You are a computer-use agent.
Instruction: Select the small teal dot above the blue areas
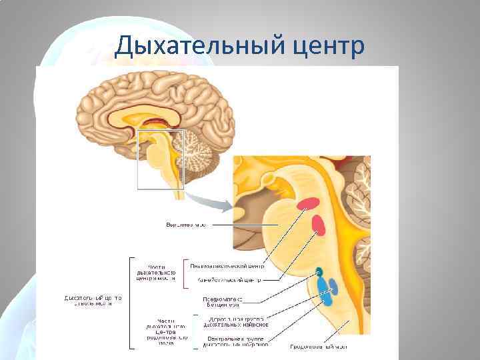click(x=319, y=271)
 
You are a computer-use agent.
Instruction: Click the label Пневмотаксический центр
click(x=226, y=265)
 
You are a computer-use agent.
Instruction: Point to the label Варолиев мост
click(x=186, y=225)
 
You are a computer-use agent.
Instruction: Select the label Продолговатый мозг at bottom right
click(x=318, y=347)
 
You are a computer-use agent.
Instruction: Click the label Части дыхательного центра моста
click(x=157, y=273)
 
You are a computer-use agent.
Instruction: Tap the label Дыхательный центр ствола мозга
click(x=93, y=300)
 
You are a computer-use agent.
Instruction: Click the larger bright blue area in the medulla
click(x=324, y=289)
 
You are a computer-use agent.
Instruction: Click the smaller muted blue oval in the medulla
click(x=334, y=287)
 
